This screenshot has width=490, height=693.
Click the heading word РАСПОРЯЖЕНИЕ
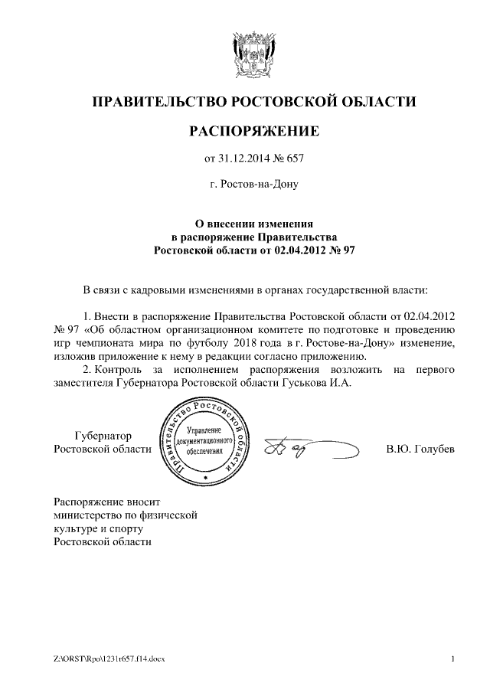click(x=253, y=131)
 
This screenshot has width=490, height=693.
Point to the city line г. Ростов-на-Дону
click(x=253, y=185)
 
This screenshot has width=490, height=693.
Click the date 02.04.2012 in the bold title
click(x=300, y=250)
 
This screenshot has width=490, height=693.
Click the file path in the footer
click(x=109, y=659)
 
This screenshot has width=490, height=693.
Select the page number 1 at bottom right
click(x=453, y=659)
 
